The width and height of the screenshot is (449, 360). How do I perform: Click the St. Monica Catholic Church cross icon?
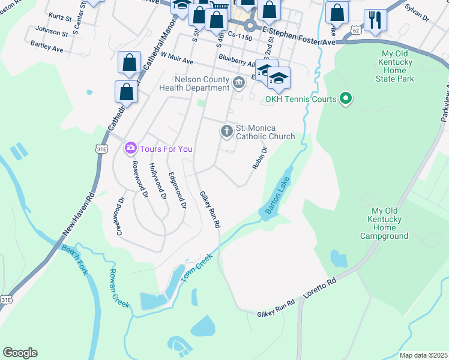(x=227, y=131)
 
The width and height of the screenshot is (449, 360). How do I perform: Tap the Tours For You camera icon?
(x=130, y=148)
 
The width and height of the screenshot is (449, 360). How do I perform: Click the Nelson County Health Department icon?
(x=239, y=82)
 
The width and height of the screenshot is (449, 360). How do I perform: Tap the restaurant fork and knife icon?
(x=375, y=20)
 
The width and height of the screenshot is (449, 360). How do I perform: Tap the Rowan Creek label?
(x=119, y=289)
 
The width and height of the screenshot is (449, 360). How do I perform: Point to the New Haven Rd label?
(x=77, y=214)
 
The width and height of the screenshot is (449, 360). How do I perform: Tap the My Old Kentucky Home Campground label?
(x=384, y=223)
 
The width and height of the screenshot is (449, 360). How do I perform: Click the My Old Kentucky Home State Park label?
(x=394, y=66)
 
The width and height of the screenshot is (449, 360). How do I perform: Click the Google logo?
(x=20, y=353)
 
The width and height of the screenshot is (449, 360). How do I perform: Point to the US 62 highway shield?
(x=356, y=30)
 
